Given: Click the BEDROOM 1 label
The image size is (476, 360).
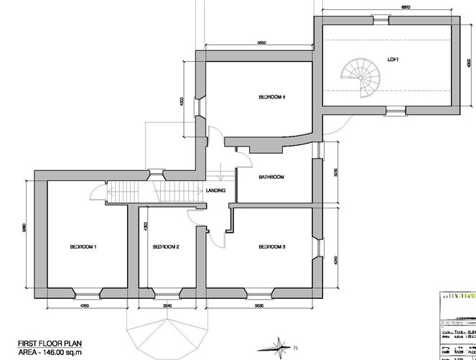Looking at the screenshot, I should (x=83, y=247).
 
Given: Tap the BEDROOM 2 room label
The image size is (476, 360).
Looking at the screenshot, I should (x=166, y=247).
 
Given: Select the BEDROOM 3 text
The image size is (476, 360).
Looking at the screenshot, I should (x=272, y=247).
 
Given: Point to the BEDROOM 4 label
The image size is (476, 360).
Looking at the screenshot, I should (x=272, y=97).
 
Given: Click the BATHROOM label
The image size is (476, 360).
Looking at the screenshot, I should (x=272, y=177).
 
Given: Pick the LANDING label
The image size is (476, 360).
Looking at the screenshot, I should (x=216, y=190).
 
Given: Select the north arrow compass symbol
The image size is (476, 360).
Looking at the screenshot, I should (x=276, y=348).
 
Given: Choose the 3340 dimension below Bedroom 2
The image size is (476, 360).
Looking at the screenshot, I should (x=167, y=305).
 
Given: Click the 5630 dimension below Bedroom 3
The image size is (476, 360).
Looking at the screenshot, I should (x=258, y=305).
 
